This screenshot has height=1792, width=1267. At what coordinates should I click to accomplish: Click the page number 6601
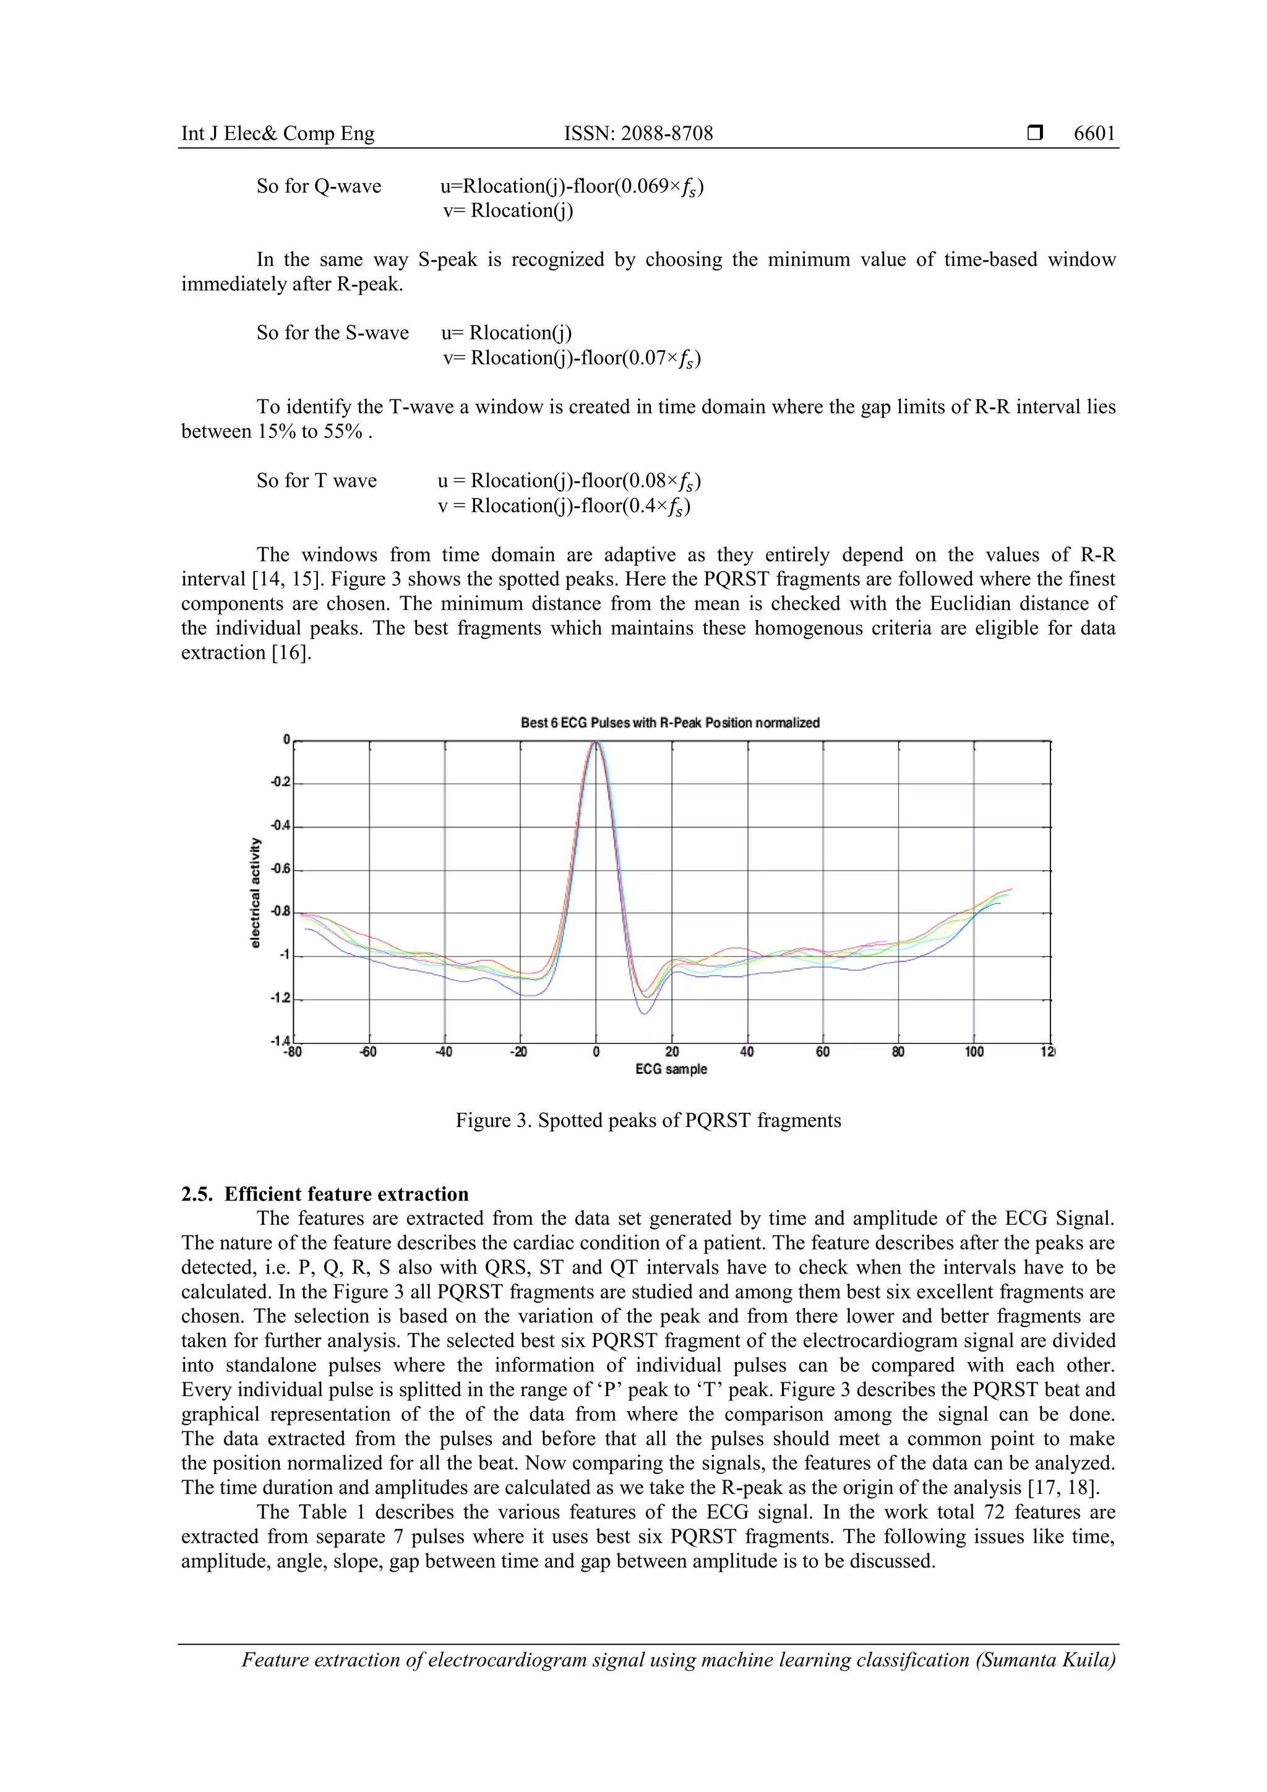tap(1094, 134)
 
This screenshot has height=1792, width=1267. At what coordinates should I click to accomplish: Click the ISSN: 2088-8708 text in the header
tap(638, 134)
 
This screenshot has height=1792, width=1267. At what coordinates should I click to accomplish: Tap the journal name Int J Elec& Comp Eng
tap(277, 134)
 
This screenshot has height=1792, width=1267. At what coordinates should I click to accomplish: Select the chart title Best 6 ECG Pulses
tap(670, 722)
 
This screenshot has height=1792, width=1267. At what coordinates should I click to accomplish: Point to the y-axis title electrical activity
tap(256, 893)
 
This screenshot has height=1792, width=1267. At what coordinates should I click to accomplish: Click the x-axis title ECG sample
tap(671, 1070)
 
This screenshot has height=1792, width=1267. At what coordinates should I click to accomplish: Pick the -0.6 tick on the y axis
tap(280, 868)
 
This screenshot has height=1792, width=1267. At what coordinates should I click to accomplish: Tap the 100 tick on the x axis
tap(974, 1052)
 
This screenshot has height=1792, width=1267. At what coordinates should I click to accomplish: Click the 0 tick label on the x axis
tap(596, 1052)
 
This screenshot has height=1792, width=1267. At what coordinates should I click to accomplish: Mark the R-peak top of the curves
tap(596, 743)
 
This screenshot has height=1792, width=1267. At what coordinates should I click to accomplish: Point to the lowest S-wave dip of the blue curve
tap(645, 1013)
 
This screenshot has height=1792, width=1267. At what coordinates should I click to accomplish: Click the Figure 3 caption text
tap(648, 1121)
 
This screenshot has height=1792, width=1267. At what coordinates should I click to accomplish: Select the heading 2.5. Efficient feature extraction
tap(325, 1194)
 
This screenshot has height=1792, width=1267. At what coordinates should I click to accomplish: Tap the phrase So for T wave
tap(316, 481)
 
